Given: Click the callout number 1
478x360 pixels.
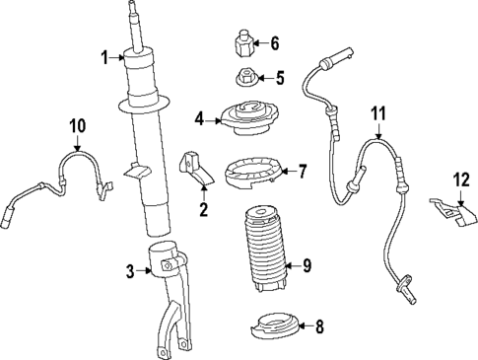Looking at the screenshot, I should tap(102, 57).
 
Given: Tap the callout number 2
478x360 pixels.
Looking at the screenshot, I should tap(204, 209).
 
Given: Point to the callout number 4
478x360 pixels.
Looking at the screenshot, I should tap(199, 119).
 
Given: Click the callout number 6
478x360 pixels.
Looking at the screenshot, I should tap(275, 43).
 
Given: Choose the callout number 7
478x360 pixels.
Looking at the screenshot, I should tap(303, 172).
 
